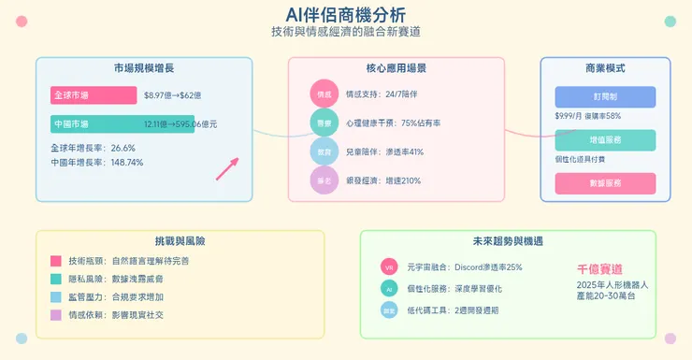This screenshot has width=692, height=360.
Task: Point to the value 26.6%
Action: tap(123, 148)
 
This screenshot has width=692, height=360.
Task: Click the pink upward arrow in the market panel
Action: tap(227, 168)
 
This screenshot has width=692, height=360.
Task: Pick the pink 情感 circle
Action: tap(324, 94)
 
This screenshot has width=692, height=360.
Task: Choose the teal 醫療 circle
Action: tap(324, 122)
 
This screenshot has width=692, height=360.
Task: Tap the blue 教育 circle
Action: tap(324, 151)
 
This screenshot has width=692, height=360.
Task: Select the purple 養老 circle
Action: tap(324, 180)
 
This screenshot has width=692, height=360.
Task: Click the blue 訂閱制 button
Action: tap(605, 97)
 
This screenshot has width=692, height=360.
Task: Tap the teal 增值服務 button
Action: tap(605, 140)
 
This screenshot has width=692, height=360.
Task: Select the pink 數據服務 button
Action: tap(605, 183)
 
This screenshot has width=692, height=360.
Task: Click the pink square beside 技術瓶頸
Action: tap(56, 261)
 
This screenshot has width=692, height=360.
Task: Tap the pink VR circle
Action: tap(388, 267)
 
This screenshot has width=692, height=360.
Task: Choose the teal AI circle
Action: tap(388, 289)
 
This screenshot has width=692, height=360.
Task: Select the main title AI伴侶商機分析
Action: tap(346, 14)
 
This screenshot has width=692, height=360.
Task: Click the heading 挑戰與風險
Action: tap(180, 240)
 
